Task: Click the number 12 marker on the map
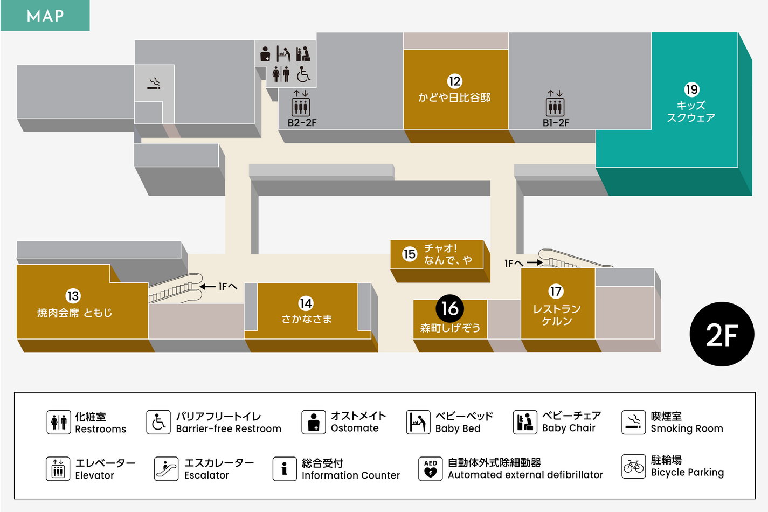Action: click(454, 81)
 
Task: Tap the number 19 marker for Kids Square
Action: click(691, 89)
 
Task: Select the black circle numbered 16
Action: click(450, 308)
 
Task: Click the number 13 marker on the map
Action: click(73, 296)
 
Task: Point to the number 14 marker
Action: click(306, 303)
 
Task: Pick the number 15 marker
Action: click(410, 254)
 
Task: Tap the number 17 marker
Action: click(556, 292)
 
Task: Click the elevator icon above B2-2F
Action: click(301, 106)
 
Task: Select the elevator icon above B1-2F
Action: click(555, 106)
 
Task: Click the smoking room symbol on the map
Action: click(154, 84)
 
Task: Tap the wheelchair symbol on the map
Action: click(303, 74)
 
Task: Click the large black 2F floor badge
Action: click(722, 334)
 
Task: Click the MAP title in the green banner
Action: click(45, 16)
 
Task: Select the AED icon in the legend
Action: click(430, 468)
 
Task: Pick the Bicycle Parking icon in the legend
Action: click(633, 466)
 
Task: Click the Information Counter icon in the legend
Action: click(284, 469)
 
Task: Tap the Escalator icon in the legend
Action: click(166, 469)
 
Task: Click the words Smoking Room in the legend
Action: click(687, 428)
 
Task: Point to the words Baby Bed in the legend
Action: click(458, 428)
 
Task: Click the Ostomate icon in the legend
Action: click(314, 422)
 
